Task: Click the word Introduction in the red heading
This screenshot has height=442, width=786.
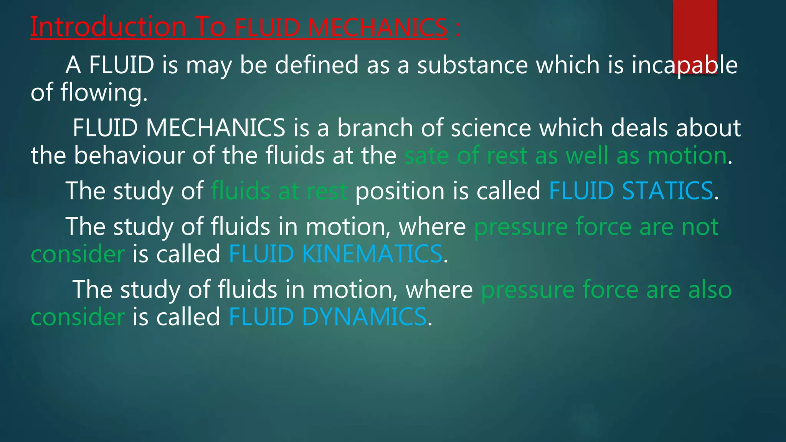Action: click(x=108, y=27)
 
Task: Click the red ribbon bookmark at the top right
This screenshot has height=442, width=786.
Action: click(x=695, y=36)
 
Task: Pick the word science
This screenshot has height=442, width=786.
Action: click(x=491, y=128)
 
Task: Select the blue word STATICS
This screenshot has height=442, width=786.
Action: click(x=667, y=191)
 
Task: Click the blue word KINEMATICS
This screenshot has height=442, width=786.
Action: click(x=372, y=254)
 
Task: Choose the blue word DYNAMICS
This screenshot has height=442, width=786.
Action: click(x=364, y=317)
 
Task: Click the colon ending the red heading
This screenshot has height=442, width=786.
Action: click(x=458, y=30)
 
